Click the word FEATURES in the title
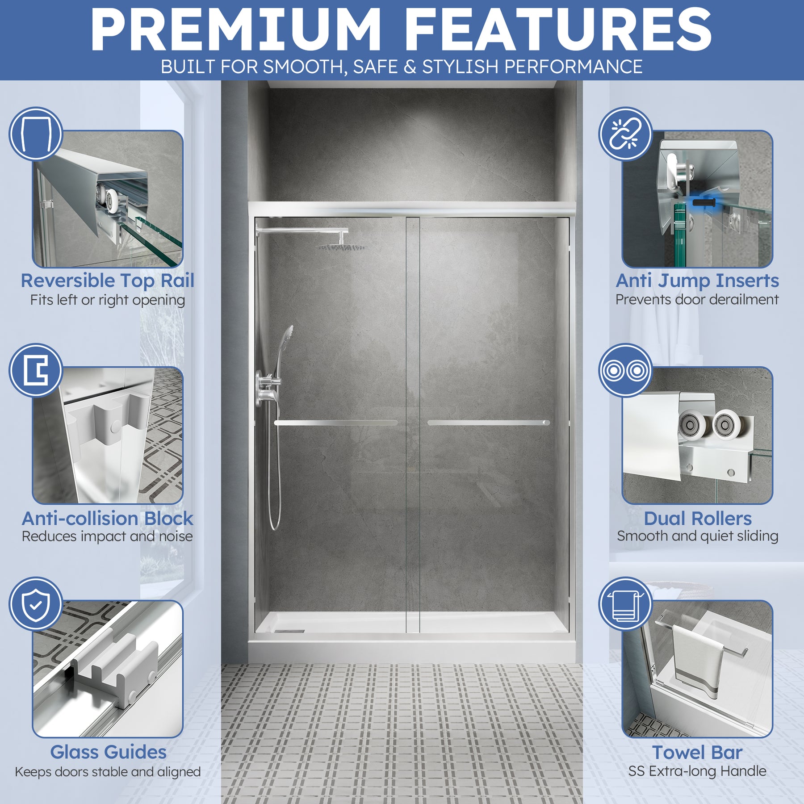(558, 30)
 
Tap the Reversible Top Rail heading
(108, 281)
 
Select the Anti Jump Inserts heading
(697, 281)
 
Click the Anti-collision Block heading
(108, 519)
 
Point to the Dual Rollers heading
(698, 519)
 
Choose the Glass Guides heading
(108, 752)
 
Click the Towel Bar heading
(697, 752)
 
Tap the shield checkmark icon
(36, 604)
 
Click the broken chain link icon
(625, 134)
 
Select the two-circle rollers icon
(625, 370)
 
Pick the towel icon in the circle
(625, 604)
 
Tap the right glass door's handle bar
(489, 423)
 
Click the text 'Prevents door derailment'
(697, 300)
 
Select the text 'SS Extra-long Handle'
(697, 771)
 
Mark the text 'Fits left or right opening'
(108, 300)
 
